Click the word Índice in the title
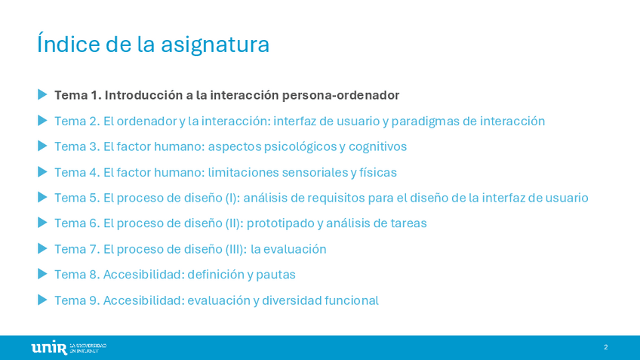[x=68, y=43]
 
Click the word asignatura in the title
[x=215, y=45]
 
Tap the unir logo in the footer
[x=69, y=347]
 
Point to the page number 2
[x=606, y=347]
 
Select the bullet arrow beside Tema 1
[x=42, y=94]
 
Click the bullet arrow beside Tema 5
[x=42, y=198]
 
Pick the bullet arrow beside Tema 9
[x=42, y=300]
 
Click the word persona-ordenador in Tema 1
[x=341, y=96]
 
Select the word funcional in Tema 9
[x=352, y=301]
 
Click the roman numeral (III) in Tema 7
[x=236, y=249]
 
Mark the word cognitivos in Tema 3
[x=377, y=147]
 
